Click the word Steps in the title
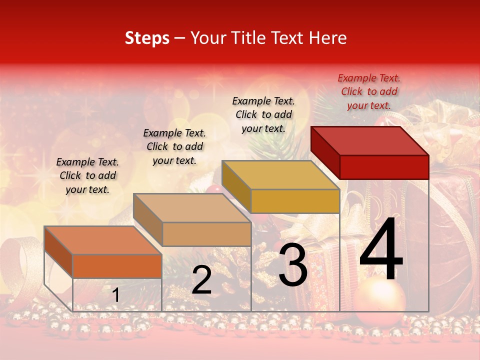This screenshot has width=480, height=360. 147,38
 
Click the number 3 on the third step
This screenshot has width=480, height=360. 293,265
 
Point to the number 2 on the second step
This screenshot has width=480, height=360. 202,280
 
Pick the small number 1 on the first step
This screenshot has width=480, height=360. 115,295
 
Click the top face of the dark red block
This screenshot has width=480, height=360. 370,140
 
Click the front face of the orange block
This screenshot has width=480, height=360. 117,266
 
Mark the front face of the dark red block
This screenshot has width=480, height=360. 384,167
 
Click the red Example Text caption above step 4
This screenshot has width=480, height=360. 369,91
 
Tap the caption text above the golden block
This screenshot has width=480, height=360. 263,114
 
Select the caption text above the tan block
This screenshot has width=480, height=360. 174,146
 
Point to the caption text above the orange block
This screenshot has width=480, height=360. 87,175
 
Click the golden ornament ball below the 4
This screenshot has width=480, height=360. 380,300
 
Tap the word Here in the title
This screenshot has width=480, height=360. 328,38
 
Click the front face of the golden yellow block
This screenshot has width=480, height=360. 295,201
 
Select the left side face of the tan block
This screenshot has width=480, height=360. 148,219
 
